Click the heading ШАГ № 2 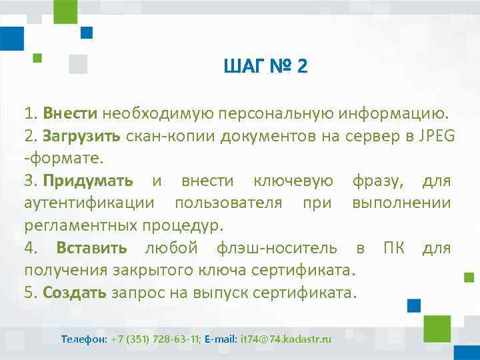tap(266, 67)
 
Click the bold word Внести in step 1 tap(71, 113)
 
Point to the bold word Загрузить tap(81, 136)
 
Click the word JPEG tap(437, 136)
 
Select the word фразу tap(377, 181)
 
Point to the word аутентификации tap(89, 203)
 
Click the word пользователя tap(228, 203)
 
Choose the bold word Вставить tap(91, 248)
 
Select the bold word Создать tap(75, 293)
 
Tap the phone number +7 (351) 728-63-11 tap(155, 339)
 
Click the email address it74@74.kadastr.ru tap(285, 339)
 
